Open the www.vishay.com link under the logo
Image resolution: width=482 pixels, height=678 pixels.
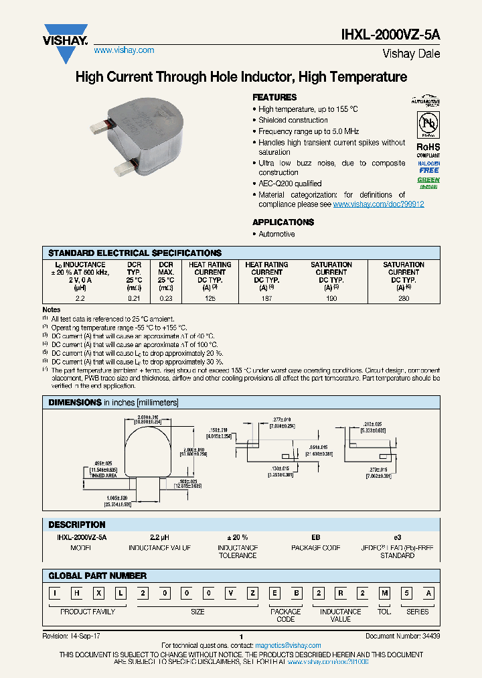tap(124, 50)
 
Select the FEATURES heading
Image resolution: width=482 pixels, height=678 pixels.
tap(274, 97)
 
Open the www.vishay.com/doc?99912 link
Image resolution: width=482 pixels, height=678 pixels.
tap(378, 204)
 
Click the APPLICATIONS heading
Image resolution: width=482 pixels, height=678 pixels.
tap(283, 222)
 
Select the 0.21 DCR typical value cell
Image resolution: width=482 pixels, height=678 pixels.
tap(134, 297)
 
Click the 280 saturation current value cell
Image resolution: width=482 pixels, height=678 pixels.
tap(403, 297)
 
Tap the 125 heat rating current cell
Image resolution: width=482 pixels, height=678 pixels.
tap(210, 297)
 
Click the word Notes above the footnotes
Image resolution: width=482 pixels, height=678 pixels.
tap(52, 310)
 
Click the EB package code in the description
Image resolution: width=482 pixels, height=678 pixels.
tap(315, 537)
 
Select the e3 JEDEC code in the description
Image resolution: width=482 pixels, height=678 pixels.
tap(397, 537)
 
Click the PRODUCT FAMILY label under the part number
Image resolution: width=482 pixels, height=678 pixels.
tap(88, 612)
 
